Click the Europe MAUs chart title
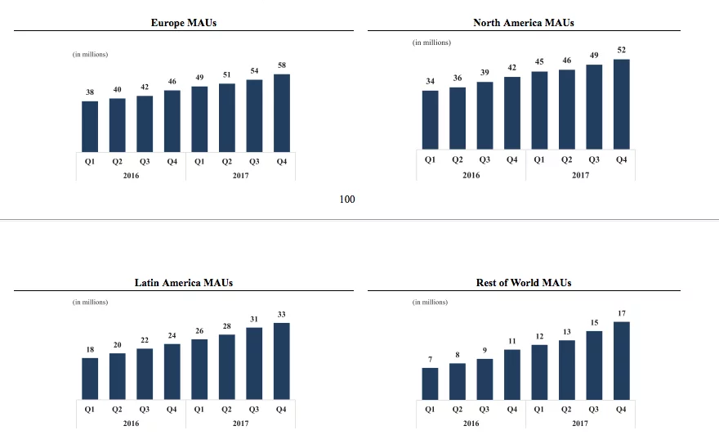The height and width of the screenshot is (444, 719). click(x=184, y=23)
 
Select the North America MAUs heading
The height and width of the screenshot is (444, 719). click(x=524, y=23)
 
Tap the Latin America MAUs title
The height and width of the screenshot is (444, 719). click(x=184, y=282)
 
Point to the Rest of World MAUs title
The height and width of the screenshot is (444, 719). click(x=524, y=282)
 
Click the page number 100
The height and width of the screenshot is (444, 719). click(x=347, y=199)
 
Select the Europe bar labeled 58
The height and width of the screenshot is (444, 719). click(x=282, y=113)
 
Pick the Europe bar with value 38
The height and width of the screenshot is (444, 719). click(x=90, y=126)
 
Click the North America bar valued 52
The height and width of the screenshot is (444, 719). click(x=622, y=105)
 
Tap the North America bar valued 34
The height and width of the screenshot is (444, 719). click(x=430, y=120)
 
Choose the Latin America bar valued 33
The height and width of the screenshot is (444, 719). click(x=282, y=361)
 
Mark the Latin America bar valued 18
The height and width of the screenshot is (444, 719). click(x=90, y=379)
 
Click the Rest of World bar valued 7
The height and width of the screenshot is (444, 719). click(x=430, y=383)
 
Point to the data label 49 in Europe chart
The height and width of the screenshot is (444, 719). click(x=199, y=78)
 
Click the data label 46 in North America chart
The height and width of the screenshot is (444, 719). click(x=567, y=61)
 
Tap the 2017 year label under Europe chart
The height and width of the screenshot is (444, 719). click(x=240, y=176)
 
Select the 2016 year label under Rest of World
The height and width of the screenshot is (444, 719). click(x=471, y=424)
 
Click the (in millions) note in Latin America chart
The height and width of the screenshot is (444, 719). click(x=90, y=302)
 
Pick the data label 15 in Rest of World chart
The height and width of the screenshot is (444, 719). click(x=594, y=322)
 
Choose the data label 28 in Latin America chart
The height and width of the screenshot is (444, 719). click(x=226, y=325)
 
